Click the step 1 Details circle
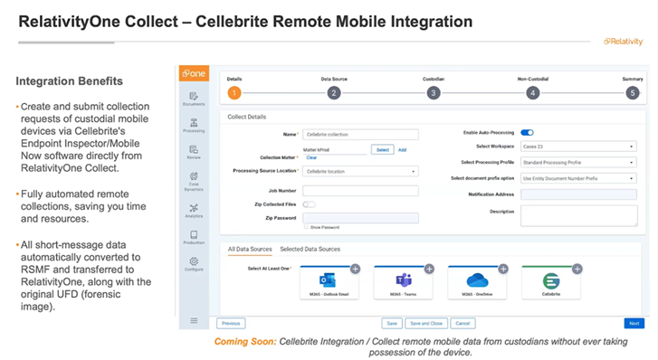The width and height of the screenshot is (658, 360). coord(234,92)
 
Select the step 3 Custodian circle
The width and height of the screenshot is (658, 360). coord(434,92)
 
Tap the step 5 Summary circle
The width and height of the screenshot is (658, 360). coord(633,92)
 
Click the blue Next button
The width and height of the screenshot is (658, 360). coord(634,323)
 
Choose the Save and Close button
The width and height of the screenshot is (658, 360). coord(425,323)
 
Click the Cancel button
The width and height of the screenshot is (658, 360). coord(463,323)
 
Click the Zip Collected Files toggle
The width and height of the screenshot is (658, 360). coord(309,204)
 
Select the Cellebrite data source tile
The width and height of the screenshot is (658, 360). coord(551,282)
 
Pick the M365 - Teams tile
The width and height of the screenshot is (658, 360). coord(403,282)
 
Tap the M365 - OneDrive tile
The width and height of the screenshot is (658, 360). coord(477,282)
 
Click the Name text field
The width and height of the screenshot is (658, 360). coord(360,134)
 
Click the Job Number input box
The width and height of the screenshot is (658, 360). coord(360,190)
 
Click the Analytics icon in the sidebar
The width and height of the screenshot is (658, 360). coord(194,212)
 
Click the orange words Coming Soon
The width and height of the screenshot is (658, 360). coord(244,342)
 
